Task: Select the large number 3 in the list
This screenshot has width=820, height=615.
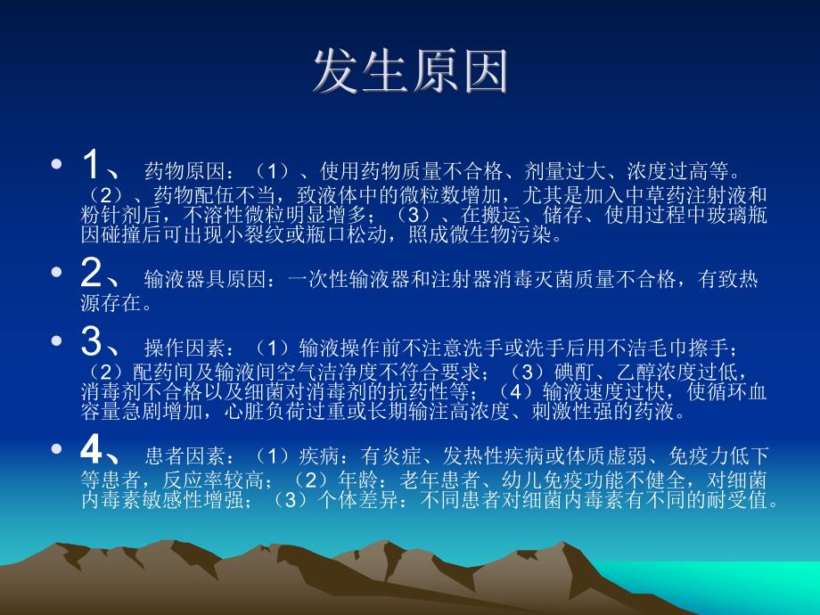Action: [x=93, y=341]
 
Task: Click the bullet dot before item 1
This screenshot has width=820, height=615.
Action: [x=58, y=167]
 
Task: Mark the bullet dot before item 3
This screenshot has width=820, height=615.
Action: [x=58, y=342]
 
